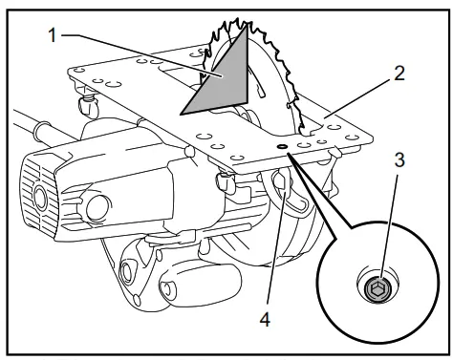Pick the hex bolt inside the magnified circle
click(x=377, y=287)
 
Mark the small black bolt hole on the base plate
click(x=283, y=146)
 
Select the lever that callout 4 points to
click(x=285, y=186)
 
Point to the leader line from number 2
click(x=358, y=97)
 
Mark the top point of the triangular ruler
click(x=247, y=28)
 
